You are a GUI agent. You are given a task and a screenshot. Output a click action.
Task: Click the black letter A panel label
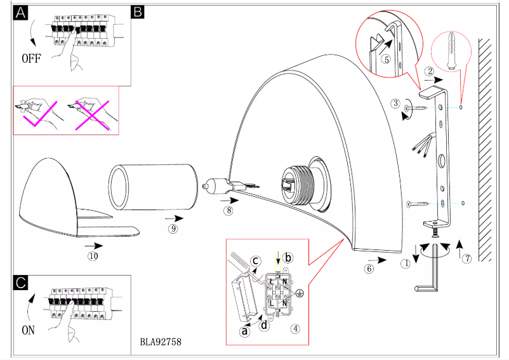(x=22, y=13)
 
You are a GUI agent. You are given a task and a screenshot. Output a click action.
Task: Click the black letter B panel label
(x=137, y=11)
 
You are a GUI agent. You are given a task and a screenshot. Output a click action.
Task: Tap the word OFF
(x=32, y=58)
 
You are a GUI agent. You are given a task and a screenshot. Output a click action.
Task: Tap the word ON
(x=29, y=330)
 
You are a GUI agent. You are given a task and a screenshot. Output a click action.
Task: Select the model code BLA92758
(x=161, y=342)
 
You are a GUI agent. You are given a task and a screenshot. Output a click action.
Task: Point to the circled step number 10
(x=93, y=257)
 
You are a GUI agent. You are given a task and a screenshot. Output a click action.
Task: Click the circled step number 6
(x=369, y=269)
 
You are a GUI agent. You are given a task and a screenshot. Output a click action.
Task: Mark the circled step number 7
(x=466, y=258)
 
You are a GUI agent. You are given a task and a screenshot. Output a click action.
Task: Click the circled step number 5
(x=385, y=58)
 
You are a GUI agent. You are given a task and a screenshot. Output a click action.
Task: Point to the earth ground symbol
(x=301, y=293)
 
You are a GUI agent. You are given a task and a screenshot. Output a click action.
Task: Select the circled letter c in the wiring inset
(x=255, y=260)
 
